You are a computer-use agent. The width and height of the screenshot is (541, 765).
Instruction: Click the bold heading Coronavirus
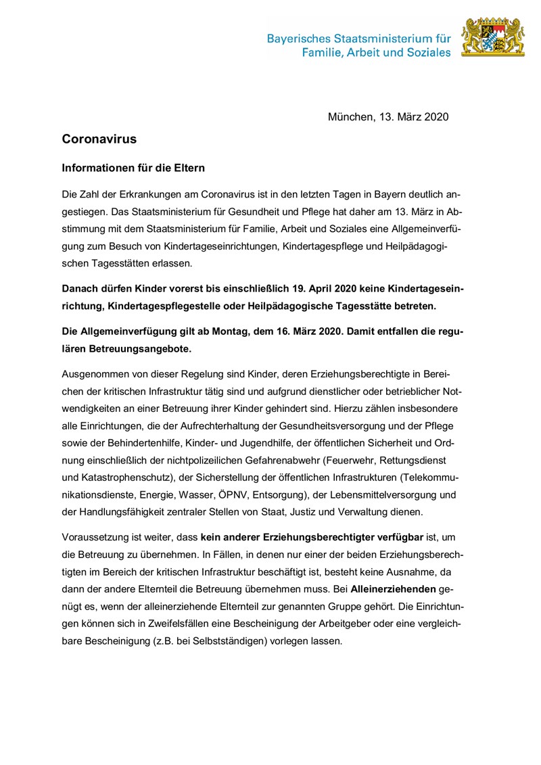coord(99,139)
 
